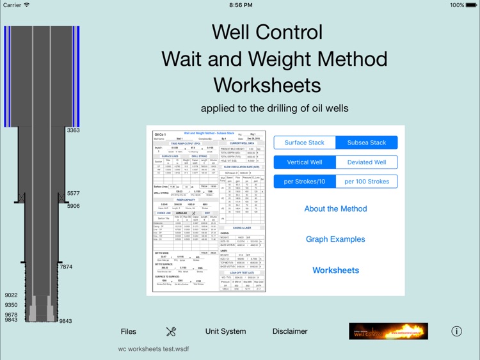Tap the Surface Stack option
305,143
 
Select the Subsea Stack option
367,143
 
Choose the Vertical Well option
305,162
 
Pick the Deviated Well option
367,162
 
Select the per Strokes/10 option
305,182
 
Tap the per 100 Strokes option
367,182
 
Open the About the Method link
335,209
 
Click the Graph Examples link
335,239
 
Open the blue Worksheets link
335,270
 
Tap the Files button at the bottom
129,331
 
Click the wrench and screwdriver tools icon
171,331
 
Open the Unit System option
225,331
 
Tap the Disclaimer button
290,331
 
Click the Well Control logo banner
388,331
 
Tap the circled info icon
456,331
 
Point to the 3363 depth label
73,130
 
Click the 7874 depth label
66,267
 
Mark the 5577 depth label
74,193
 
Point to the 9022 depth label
11,295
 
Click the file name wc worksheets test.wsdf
154,349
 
